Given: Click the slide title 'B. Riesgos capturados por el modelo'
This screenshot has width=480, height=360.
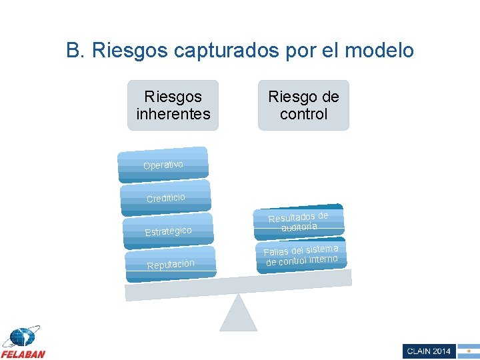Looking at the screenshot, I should coord(240,50).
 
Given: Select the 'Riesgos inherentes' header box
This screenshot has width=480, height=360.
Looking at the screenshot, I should coord(173,105).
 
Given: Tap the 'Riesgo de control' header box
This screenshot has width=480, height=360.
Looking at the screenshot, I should coord(303,105).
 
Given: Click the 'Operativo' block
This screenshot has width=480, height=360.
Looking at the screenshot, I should coord(163,165).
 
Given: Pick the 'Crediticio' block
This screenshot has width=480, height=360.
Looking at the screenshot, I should coord(165,198).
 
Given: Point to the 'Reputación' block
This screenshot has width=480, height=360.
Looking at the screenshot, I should coord(171,264).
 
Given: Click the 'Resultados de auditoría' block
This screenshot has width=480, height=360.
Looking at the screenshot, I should coord(299,221).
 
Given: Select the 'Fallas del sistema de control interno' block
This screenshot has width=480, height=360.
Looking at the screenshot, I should coord(301,255).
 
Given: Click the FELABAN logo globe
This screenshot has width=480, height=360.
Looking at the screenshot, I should coord(21,337).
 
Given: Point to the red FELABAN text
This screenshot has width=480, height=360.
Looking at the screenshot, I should coord(23,353).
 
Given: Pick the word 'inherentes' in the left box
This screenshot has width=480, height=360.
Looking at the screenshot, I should coord(173,114).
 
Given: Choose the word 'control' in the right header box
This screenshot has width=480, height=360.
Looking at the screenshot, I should coord(303,114).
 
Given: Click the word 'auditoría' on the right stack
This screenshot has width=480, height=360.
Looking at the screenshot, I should coord(299,227).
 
